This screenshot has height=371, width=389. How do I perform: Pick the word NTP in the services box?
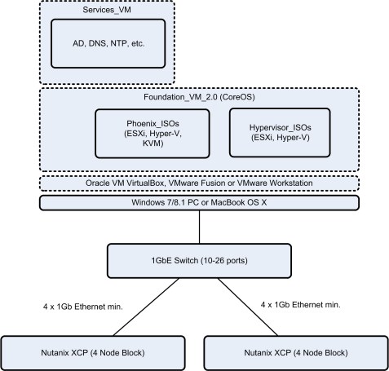111,42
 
